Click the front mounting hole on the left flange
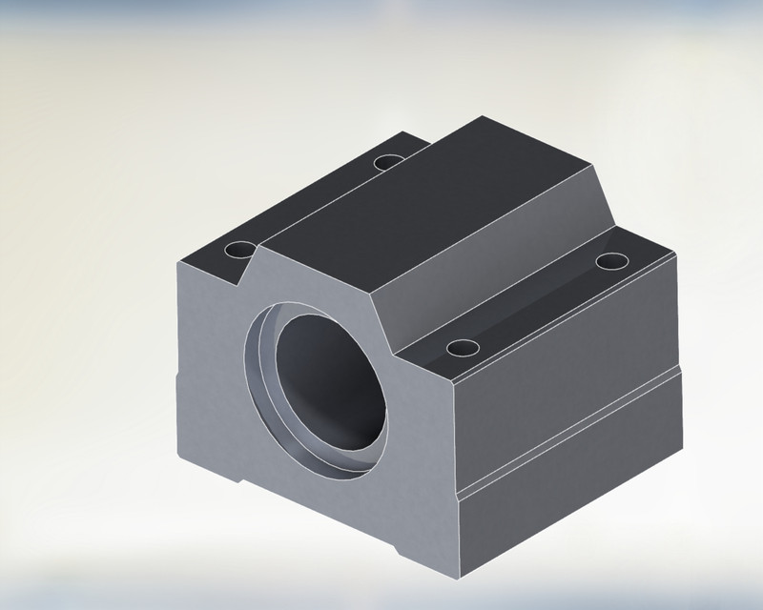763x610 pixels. [x=239, y=252]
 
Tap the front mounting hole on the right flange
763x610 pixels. [x=462, y=348]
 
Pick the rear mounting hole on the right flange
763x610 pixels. [x=610, y=260]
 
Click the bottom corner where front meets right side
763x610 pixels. [x=459, y=577]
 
